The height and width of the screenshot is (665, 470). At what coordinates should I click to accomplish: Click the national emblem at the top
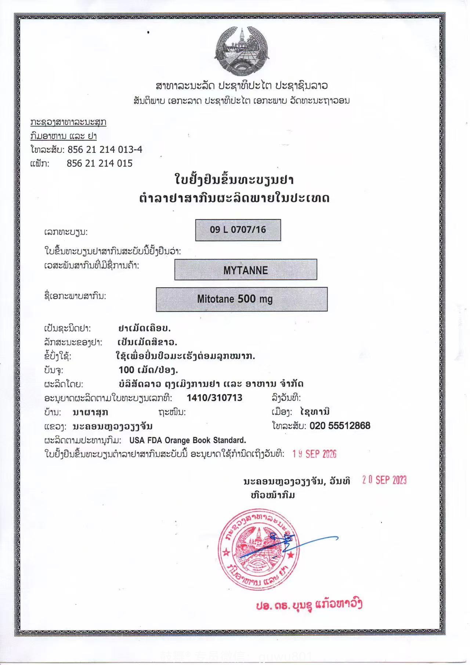(x=241, y=51)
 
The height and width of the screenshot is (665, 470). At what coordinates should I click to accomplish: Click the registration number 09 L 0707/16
(x=238, y=230)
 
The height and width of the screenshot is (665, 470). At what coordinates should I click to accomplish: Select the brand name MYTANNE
(x=245, y=270)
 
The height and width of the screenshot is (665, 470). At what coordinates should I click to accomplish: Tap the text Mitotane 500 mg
(x=235, y=299)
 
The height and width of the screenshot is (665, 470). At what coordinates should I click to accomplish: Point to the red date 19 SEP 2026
(x=314, y=454)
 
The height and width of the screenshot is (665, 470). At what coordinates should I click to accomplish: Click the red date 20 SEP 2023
(x=384, y=480)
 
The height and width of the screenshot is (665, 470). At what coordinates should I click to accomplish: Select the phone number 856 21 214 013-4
(x=105, y=150)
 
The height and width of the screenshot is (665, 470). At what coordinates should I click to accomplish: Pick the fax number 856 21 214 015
(x=100, y=163)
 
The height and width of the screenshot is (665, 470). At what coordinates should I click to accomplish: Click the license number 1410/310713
(x=214, y=398)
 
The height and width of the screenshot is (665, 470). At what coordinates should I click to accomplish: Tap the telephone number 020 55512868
(x=340, y=426)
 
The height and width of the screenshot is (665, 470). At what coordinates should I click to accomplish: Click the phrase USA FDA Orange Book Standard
(x=188, y=440)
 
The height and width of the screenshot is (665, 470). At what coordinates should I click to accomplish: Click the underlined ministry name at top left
(x=68, y=122)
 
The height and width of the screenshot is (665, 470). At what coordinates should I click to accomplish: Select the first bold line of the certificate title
(x=234, y=180)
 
